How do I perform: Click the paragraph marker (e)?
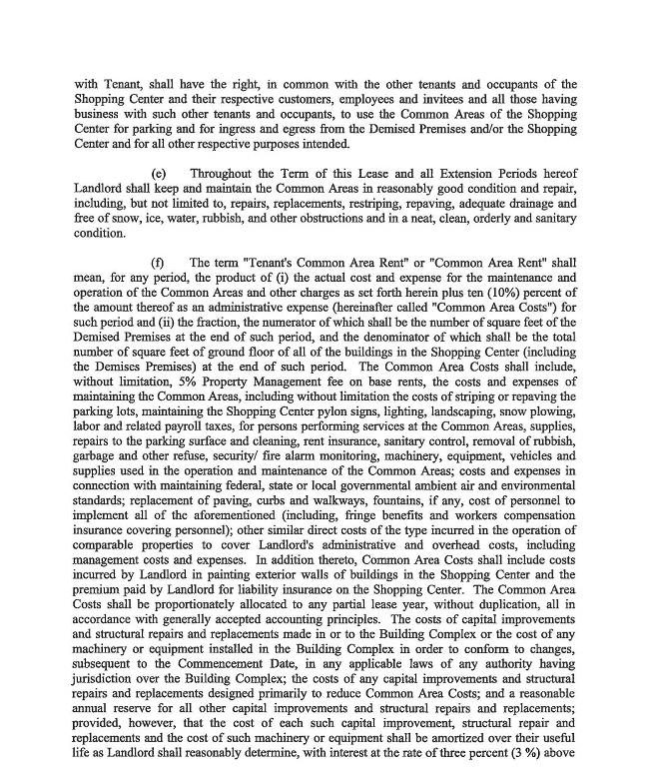(158, 174)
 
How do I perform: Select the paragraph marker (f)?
(158, 263)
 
